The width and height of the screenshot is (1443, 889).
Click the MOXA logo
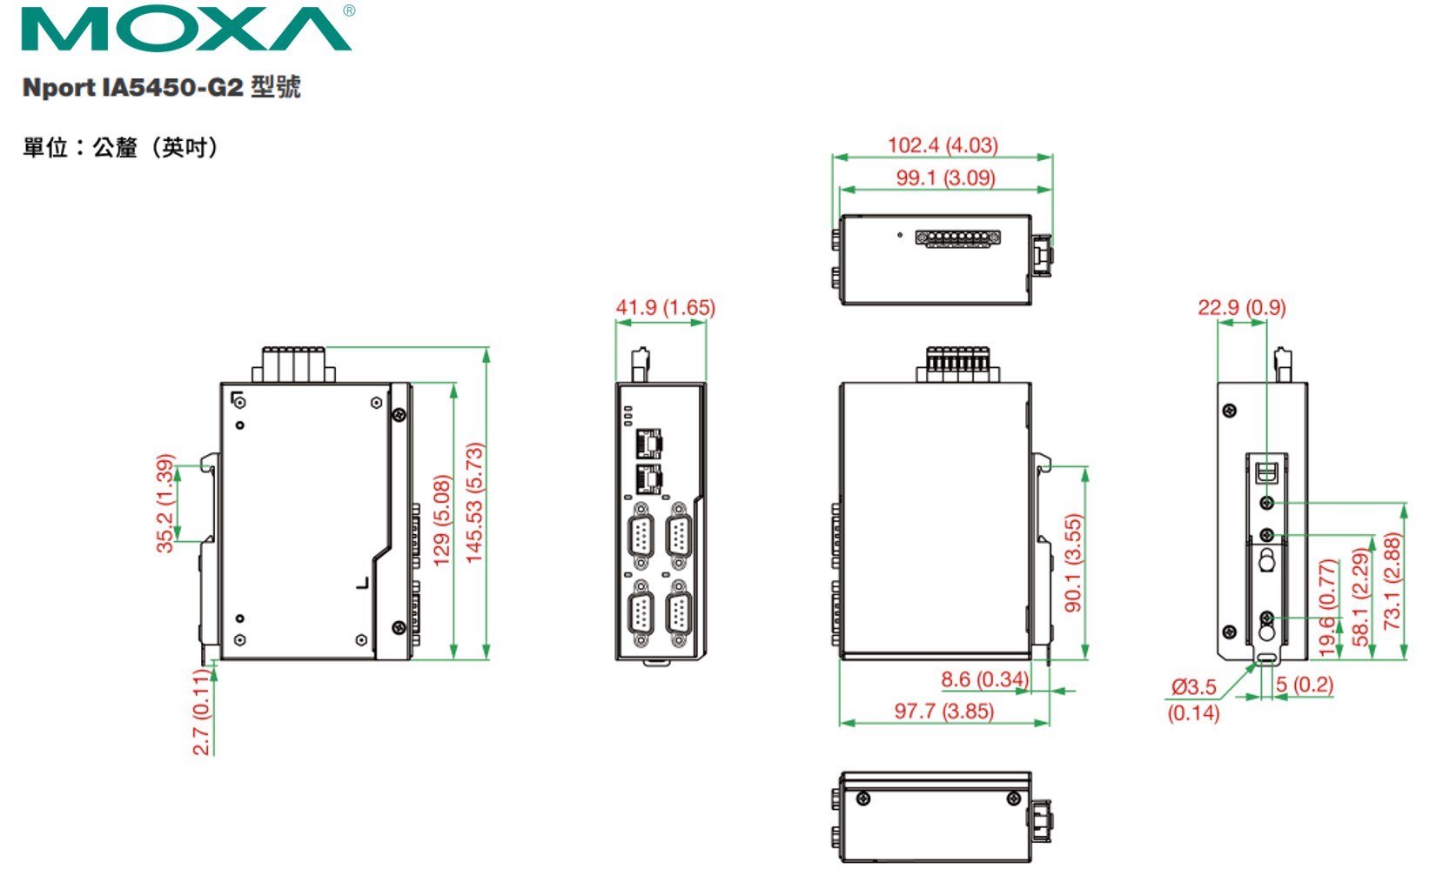[186, 30]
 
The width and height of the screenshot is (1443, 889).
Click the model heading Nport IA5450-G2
[161, 87]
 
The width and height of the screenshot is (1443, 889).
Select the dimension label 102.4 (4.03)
[942, 145]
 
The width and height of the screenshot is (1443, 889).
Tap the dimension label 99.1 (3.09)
[945, 177]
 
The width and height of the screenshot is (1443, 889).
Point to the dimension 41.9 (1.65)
[665, 308]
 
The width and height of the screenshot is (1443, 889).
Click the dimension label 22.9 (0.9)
[1241, 308]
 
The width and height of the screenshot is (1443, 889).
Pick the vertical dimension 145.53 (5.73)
[474, 503]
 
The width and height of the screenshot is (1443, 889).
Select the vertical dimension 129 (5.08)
[442, 520]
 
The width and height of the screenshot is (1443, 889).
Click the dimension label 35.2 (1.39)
[164, 503]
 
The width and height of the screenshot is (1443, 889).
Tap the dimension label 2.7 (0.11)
[201, 712]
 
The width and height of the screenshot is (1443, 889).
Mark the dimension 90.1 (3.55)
[1073, 562]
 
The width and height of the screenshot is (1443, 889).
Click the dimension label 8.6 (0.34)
[984, 679]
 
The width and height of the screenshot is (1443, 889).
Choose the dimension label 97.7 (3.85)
[943, 712]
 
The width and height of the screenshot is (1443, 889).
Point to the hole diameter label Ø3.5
[1193, 687]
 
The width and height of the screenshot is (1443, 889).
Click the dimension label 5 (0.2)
[1305, 685]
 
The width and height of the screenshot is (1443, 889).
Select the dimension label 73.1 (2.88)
[1392, 581]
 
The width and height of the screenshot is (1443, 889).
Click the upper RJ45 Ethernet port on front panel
[648, 443]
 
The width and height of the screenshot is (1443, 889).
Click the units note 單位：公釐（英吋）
[120, 148]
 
